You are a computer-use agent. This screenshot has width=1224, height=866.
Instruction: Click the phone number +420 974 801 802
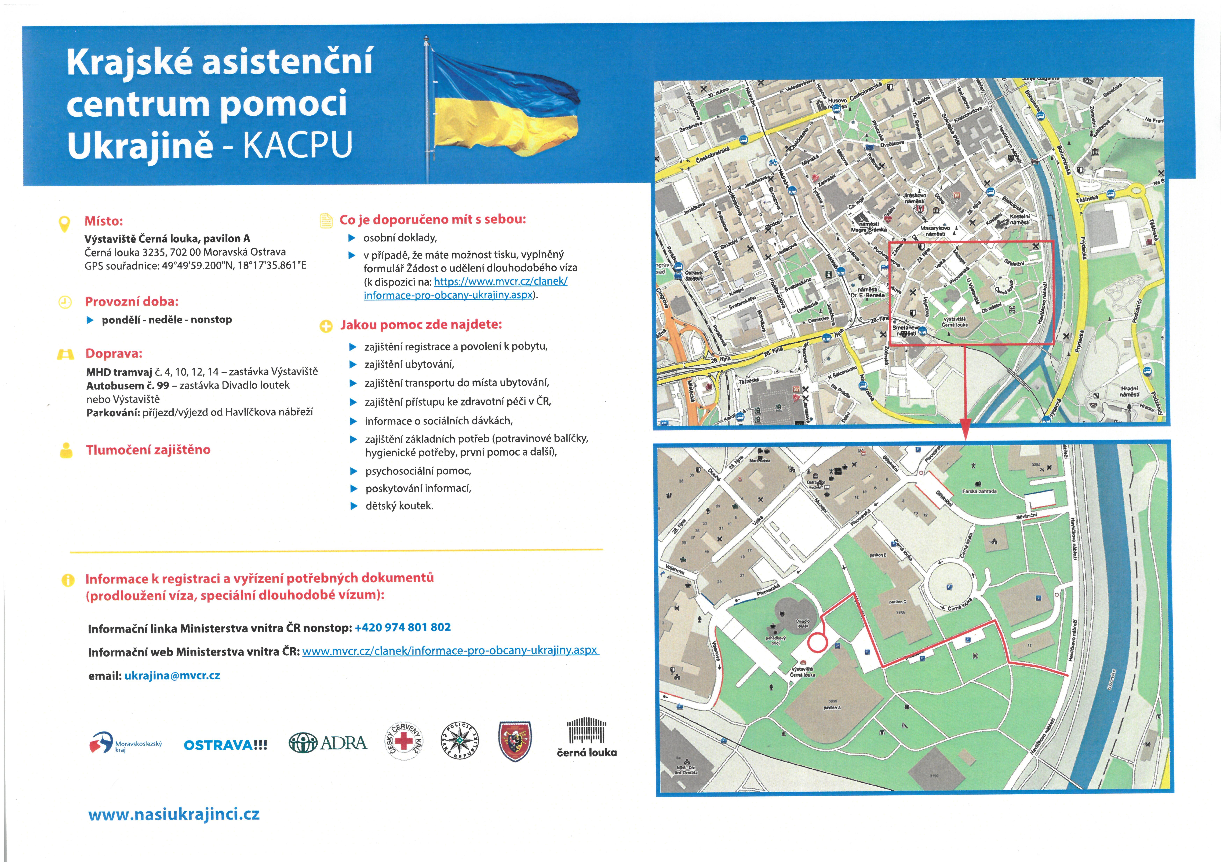(x=403, y=628)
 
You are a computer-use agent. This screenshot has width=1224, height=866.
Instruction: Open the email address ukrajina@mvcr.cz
(x=172, y=676)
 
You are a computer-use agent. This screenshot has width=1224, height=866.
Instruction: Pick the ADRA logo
(x=328, y=743)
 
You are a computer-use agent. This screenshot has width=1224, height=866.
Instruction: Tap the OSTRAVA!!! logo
(x=225, y=745)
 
